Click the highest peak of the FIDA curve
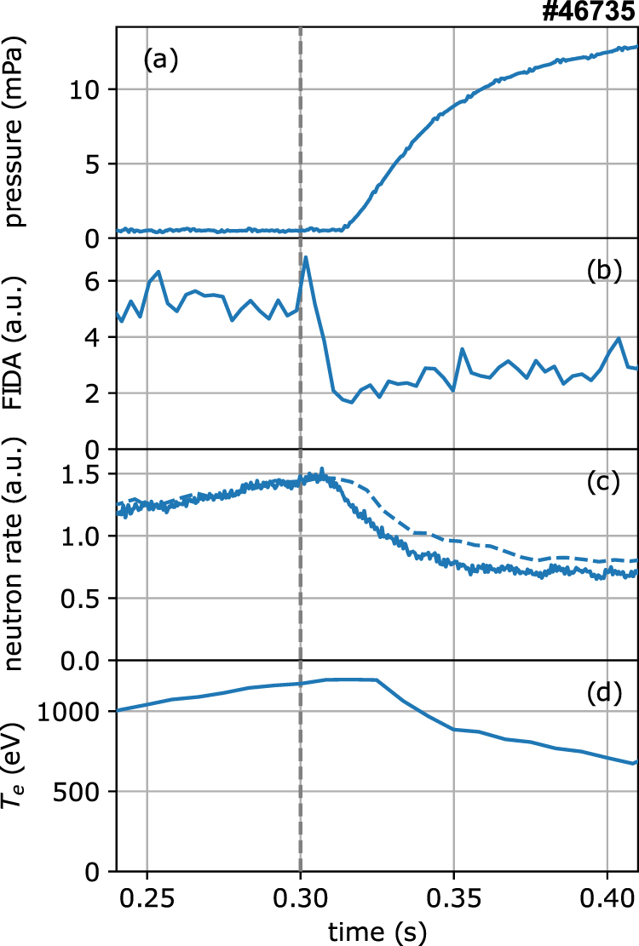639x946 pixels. click(x=305, y=256)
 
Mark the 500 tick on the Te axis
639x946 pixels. click(x=85, y=791)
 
